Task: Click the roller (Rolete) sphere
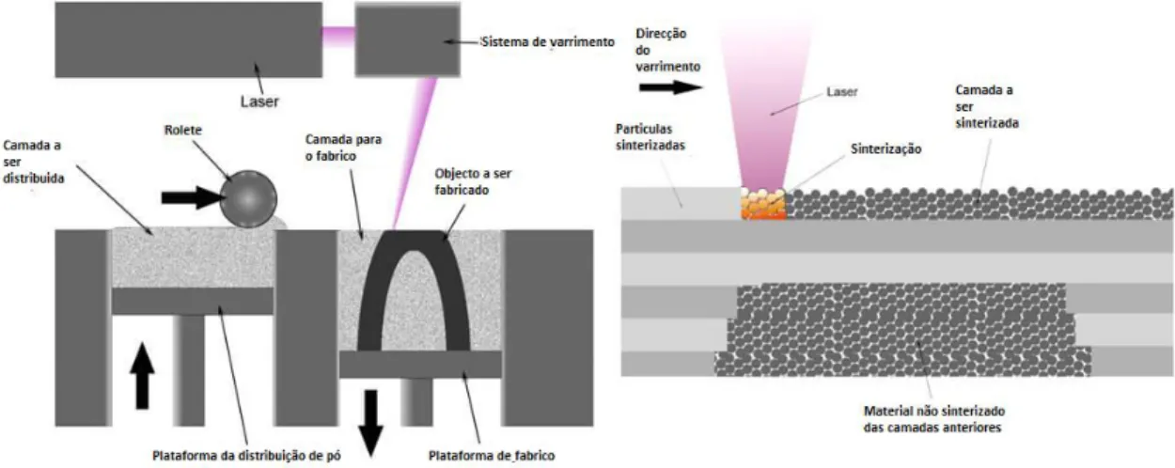click(248, 199)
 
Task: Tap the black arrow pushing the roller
click(193, 197)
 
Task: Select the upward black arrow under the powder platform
click(142, 376)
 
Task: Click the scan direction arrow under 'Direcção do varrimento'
click(671, 87)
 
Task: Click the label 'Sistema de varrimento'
click(548, 42)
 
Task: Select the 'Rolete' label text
click(183, 130)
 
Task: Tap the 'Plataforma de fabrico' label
click(492, 456)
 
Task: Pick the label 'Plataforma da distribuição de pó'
click(246, 456)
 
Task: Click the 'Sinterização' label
click(886, 149)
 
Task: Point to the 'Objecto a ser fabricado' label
click(473, 181)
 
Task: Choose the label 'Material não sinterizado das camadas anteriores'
click(934, 419)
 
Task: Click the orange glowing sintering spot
click(763, 204)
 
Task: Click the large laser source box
click(189, 39)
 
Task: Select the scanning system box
click(408, 39)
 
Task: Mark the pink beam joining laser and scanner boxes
click(338, 37)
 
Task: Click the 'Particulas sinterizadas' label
click(650, 137)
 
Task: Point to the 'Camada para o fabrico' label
click(344, 148)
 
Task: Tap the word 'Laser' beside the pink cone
click(842, 92)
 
